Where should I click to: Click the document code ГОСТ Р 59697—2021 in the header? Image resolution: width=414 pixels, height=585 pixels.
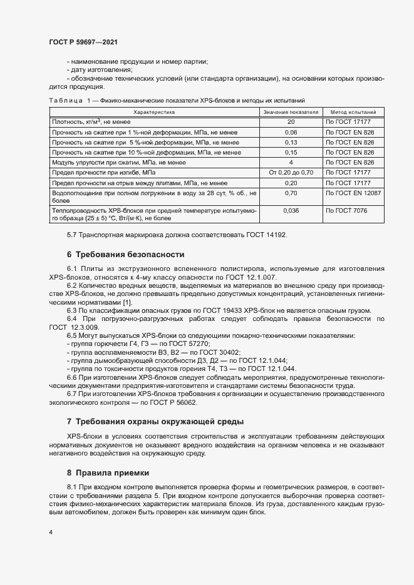[x=83, y=42]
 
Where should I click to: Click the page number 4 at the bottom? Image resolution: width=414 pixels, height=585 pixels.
[x=51, y=532]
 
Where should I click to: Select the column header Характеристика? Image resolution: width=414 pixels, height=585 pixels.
[x=154, y=111]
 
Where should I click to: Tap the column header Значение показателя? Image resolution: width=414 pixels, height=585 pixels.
[x=291, y=111]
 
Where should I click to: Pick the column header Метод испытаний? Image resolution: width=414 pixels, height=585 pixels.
[x=353, y=111]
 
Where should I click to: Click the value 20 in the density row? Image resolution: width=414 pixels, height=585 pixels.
[x=291, y=122]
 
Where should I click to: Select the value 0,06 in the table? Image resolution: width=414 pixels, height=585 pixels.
[x=291, y=132]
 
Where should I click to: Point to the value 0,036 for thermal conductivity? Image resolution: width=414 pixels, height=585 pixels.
[x=291, y=211]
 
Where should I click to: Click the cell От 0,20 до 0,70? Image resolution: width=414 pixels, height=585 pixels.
[x=291, y=172]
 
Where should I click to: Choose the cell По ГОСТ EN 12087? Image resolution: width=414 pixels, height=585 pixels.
[x=353, y=193]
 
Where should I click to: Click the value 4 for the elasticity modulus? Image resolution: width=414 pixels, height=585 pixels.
[x=291, y=162]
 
